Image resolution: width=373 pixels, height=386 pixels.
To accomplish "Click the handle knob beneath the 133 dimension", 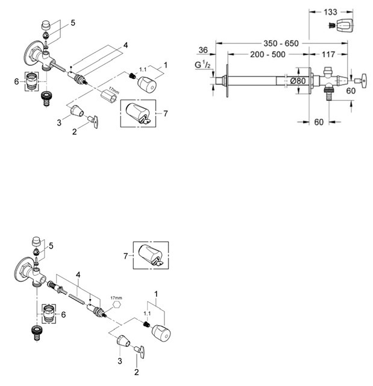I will coord(343,25).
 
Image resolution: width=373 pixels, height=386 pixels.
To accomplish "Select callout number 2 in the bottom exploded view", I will coord(137,372).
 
